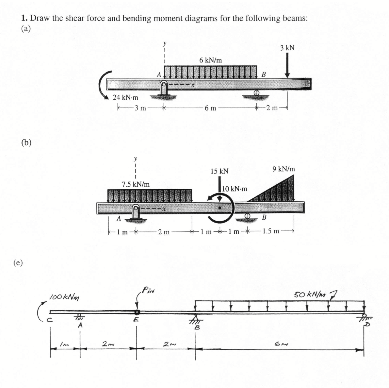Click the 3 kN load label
click(287, 48)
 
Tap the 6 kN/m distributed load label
click(210, 60)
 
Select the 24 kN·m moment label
click(125, 97)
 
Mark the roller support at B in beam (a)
click(257, 93)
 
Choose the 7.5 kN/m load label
click(136, 184)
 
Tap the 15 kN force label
click(219, 171)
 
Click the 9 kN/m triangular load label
click(284, 169)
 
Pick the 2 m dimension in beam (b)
click(164, 232)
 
